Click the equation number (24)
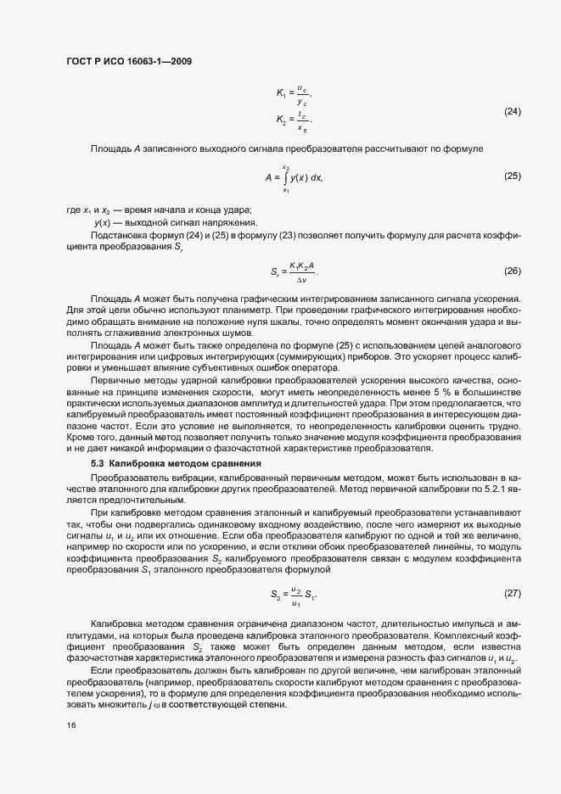coord(512,112)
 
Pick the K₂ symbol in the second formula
coord(281,120)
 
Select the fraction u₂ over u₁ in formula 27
coord(296,592)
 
